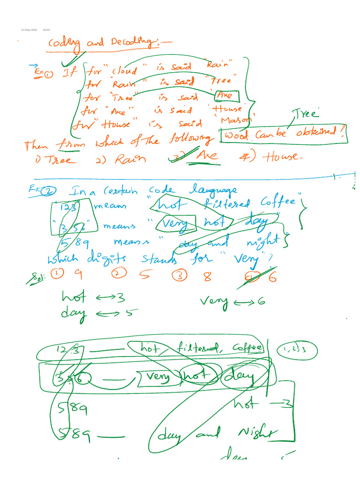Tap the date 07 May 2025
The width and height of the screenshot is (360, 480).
[x=29, y=30]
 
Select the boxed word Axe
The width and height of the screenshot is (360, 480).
[x=226, y=96]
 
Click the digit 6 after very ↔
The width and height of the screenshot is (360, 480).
[x=261, y=301]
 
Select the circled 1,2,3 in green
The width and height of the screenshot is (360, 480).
[x=298, y=350]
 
